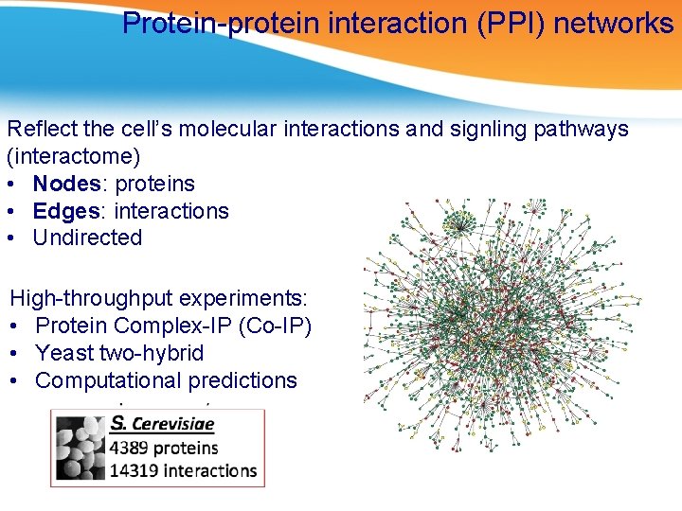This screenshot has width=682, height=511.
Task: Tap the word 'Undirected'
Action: [87, 238]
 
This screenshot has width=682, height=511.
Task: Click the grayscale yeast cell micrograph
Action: [81, 449]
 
